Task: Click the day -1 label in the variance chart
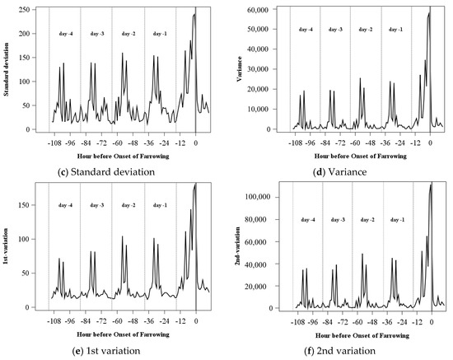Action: point(395,30)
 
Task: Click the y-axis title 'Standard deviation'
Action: point(7,65)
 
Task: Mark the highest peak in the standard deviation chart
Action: point(195,14)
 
